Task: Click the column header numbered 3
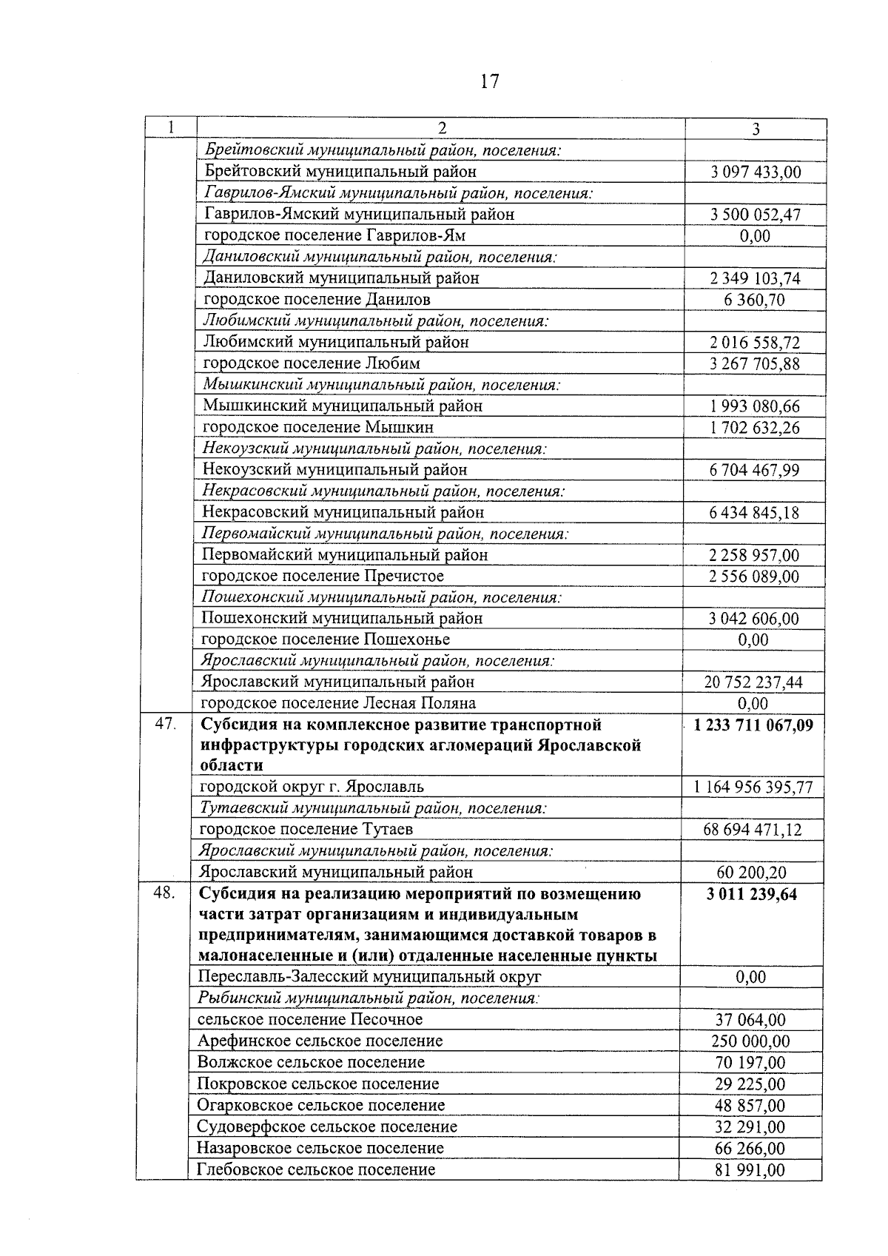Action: pos(756,129)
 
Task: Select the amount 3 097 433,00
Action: pos(755,172)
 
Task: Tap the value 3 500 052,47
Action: pos(755,215)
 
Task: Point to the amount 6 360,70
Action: pos(755,300)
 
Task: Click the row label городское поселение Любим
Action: pos(312,363)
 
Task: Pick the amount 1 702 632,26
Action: pos(755,428)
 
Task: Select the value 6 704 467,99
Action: pos(755,471)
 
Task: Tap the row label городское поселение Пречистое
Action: pos(323,576)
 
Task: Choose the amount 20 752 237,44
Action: pos(753,682)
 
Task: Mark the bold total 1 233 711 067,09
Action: pos(753,725)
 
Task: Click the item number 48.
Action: pos(164,893)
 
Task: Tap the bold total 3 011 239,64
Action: pos(752,894)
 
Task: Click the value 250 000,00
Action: pos(750,1041)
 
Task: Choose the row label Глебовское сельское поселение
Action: pos(316,1169)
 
